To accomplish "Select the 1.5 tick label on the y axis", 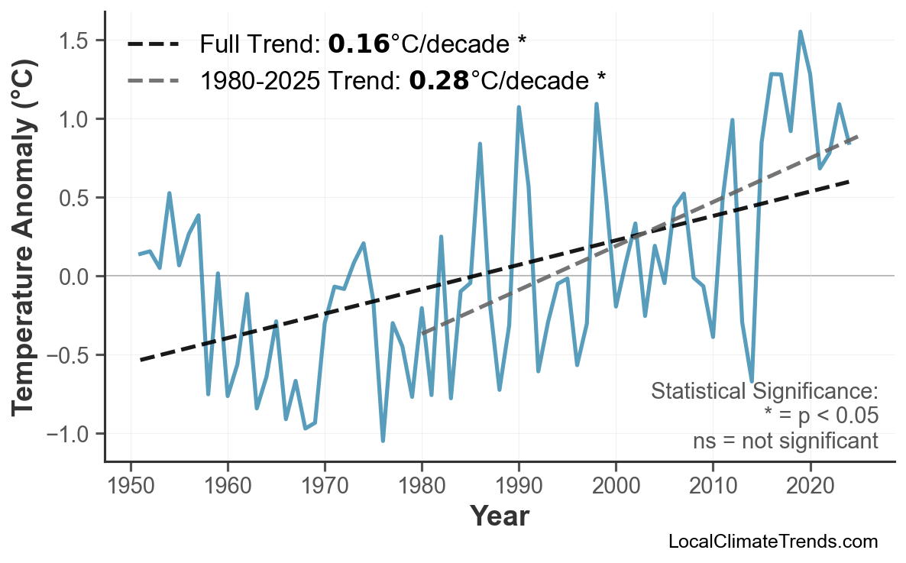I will tap(79, 40).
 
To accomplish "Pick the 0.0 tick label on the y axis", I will tap(79, 277).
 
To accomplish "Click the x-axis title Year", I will tap(499, 516).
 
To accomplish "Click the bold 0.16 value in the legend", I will tap(358, 44).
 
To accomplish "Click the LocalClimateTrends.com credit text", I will tap(772, 542).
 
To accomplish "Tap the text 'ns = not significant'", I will tap(785, 441).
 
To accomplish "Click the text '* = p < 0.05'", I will tap(820, 416).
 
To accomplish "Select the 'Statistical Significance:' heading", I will tap(764, 392).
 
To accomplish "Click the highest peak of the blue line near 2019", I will tap(800, 32).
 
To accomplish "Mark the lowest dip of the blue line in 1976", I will tap(383, 441).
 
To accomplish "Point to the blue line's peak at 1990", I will tap(519, 108).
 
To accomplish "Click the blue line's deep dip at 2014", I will tap(752, 380).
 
